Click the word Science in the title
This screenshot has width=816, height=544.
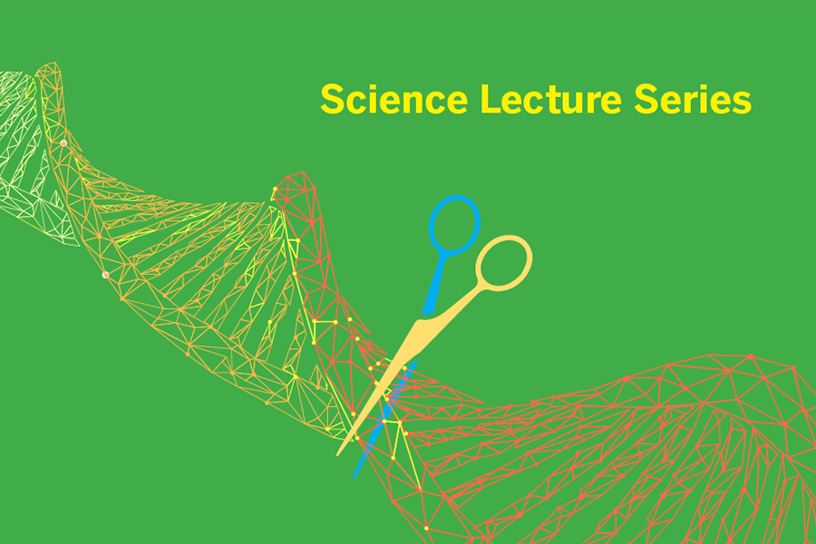coord(394,99)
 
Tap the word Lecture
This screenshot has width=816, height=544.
coord(551,99)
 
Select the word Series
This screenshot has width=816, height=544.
coord(693,99)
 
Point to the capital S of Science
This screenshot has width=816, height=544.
coord(333,99)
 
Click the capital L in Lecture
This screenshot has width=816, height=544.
coord(491,99)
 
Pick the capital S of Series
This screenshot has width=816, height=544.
coord(646,99)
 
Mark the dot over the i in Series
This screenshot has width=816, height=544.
coord(706,86)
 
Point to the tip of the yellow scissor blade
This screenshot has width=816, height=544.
coord(338,455)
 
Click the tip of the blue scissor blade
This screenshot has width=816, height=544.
coord(355,476)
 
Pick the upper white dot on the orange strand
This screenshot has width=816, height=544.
coord(63,143)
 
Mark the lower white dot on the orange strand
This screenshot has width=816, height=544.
coord(105,275)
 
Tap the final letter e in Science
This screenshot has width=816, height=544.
coord(456,103)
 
